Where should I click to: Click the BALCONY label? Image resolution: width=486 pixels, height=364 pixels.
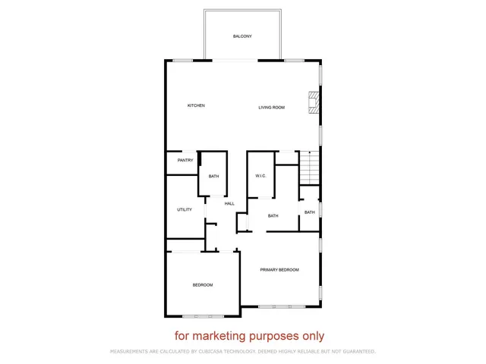242,36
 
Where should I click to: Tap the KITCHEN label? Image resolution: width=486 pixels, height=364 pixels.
196,105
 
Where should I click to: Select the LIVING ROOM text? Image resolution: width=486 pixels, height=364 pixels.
271,108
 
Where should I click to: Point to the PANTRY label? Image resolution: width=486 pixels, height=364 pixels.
185,160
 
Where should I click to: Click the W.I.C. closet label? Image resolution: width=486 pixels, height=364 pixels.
260,176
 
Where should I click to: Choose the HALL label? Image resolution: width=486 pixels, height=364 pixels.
229,203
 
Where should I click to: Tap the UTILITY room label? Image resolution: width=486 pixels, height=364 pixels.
185,209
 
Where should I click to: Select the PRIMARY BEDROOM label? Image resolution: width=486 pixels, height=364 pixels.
279,270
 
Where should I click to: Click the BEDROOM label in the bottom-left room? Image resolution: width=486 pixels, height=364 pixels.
202,284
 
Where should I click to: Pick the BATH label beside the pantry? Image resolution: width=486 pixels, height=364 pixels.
213,177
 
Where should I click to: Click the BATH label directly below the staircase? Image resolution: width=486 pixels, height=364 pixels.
310,212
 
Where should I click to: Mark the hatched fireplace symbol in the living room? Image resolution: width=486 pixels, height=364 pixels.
312,102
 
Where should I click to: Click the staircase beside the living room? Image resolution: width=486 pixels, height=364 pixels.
308,167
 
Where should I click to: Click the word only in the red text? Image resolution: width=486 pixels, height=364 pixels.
312,336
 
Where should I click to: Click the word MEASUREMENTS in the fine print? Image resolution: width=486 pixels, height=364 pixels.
131,352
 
